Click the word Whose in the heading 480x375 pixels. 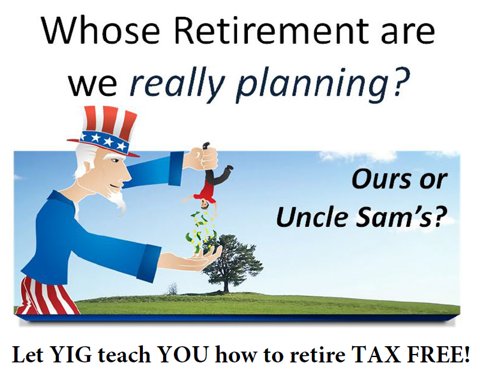coord(101,31)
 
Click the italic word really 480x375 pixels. coord(177,83)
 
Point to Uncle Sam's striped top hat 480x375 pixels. coord(103,131)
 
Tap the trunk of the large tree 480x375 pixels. coord(226,284)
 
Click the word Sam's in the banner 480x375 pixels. coord(400,217)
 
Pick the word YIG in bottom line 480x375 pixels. coord(70,355)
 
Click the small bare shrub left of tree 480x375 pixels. coord(173,289)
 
